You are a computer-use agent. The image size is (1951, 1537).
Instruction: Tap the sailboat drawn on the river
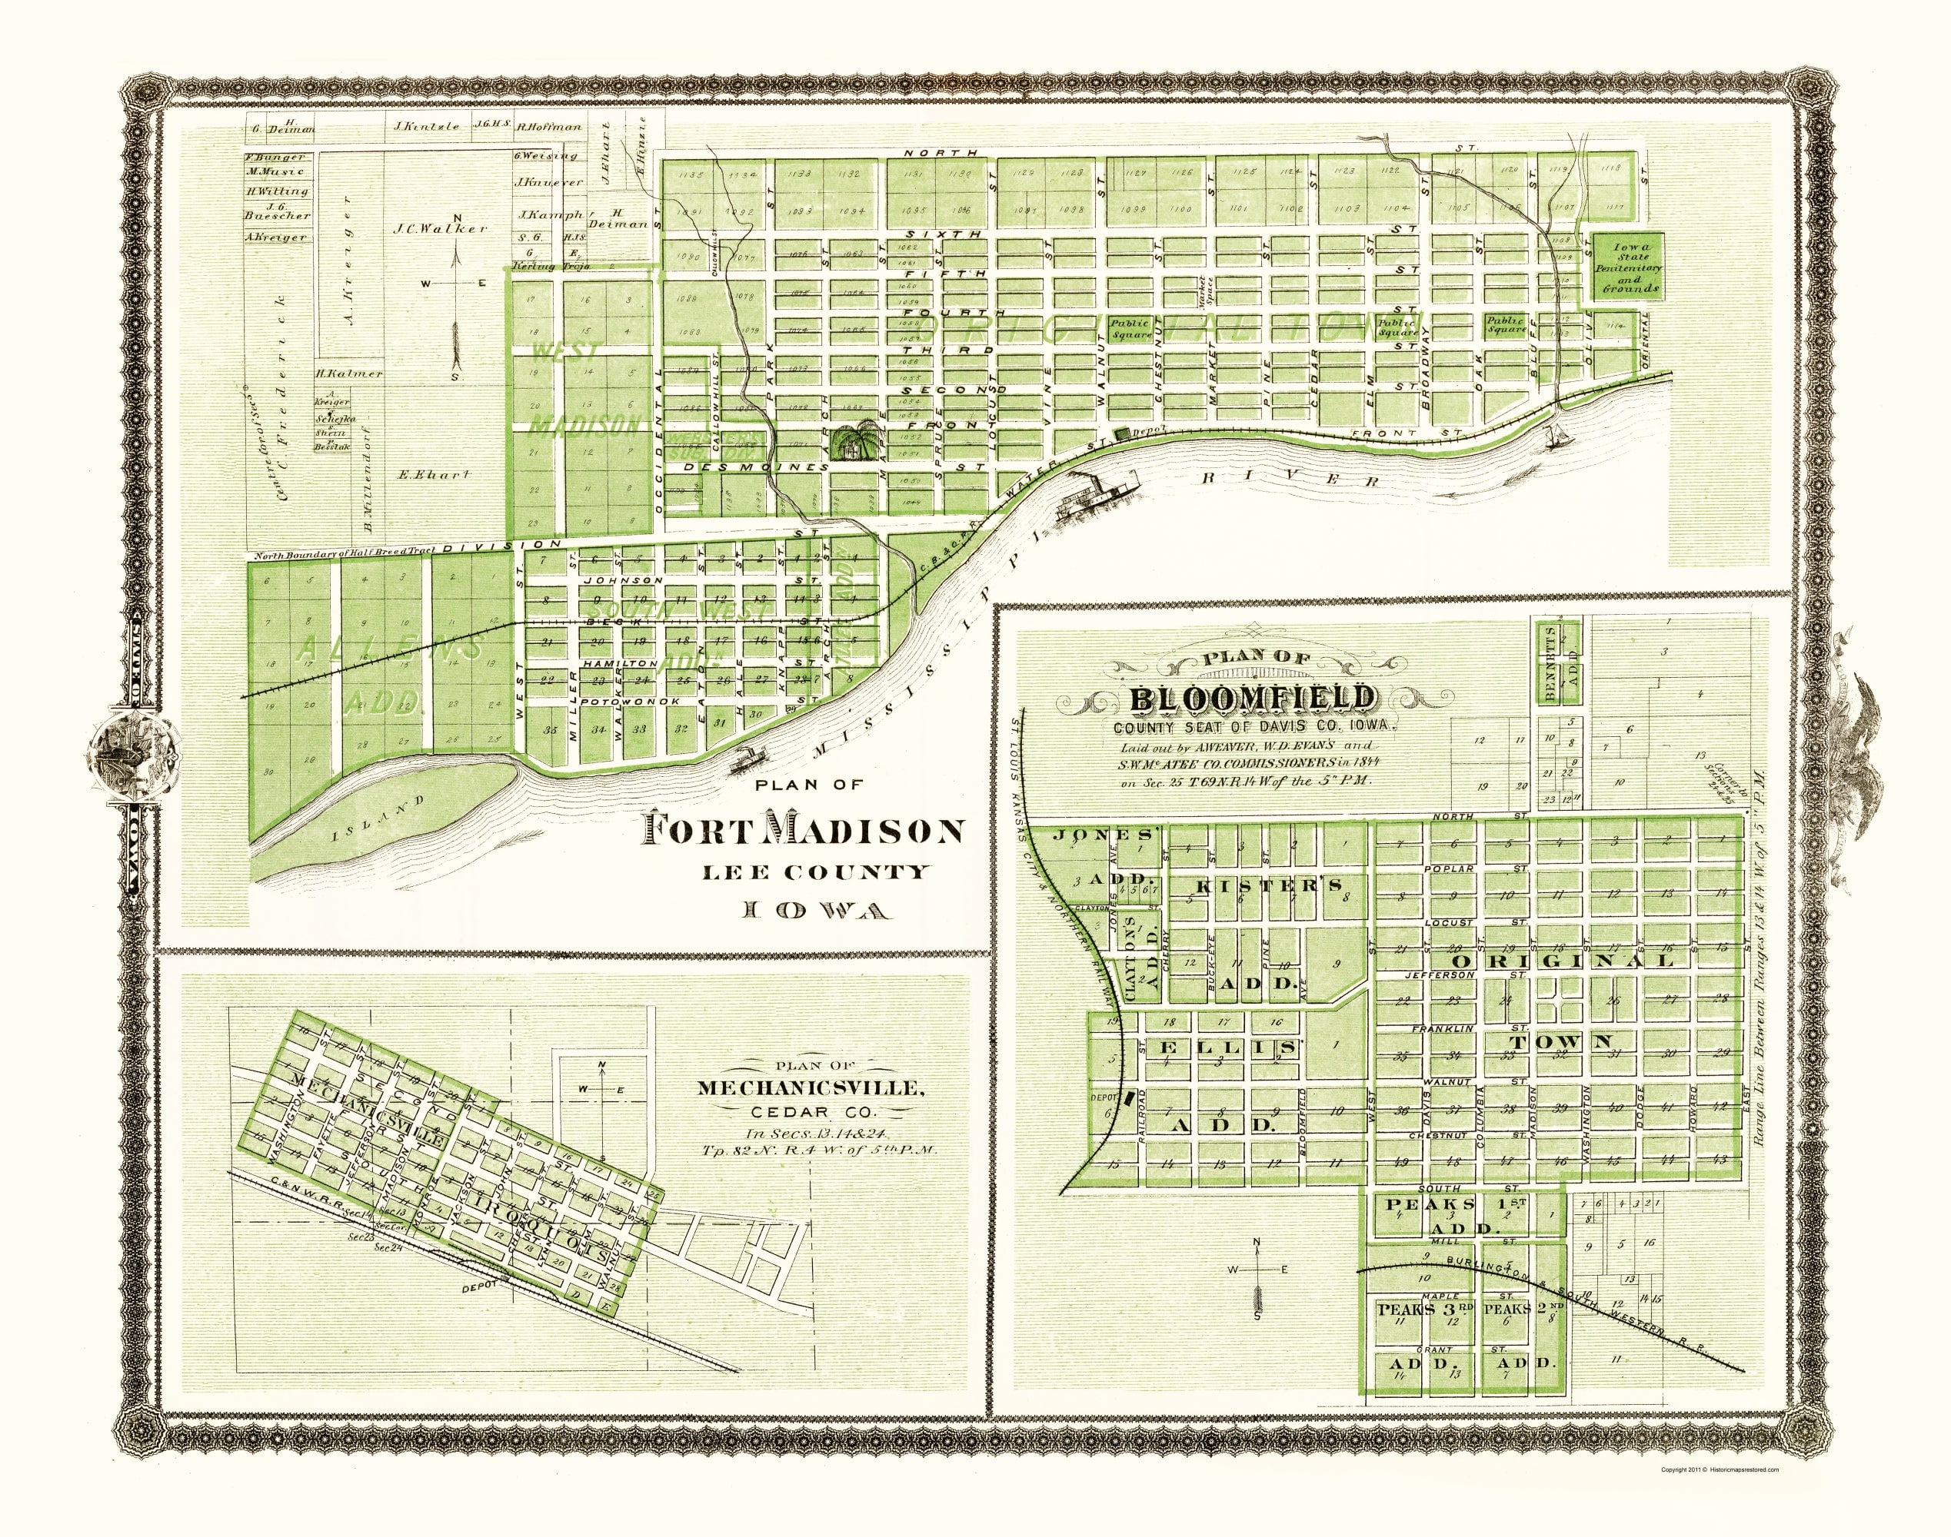point(1556,437)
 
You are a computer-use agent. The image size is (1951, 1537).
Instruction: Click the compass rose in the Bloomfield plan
point(1258,1270)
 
